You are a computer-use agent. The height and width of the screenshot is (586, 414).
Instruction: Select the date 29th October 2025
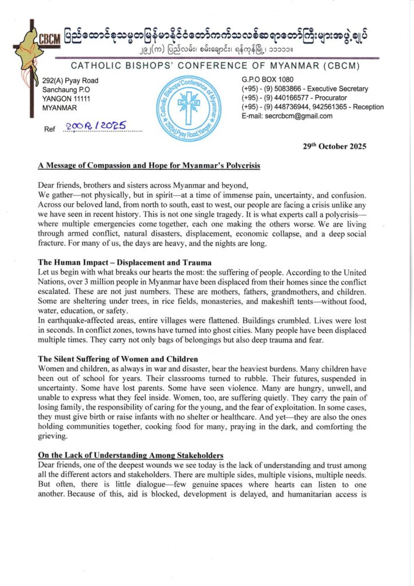[335, 146]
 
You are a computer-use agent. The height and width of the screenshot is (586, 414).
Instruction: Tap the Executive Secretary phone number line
[305, 89]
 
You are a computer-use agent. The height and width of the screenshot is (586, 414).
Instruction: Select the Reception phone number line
[313, 107]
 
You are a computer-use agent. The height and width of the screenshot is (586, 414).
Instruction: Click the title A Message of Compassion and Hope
[149, 166]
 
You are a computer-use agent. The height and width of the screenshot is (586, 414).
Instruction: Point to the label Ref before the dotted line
[50, 129]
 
